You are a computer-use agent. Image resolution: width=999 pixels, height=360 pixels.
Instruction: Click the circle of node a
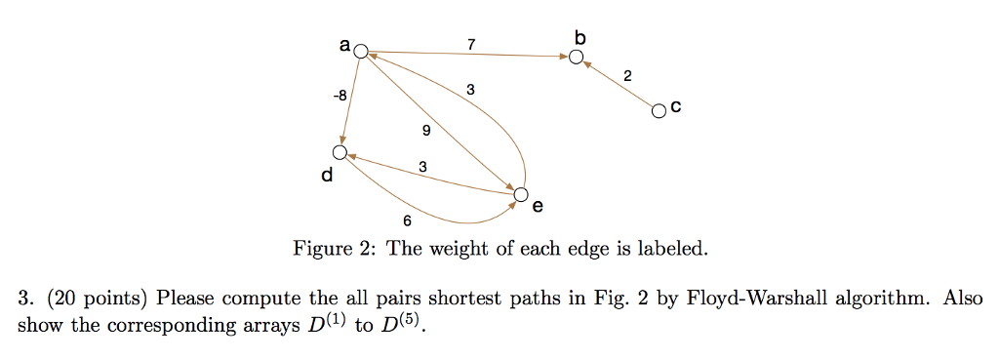pyautogui.click(x=361, y=52)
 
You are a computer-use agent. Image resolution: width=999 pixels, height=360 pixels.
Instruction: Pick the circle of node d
pyautogui.click(x=340, y=152)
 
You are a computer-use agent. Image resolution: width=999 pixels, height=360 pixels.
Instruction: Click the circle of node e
pyautogui.click(x=521, y=195)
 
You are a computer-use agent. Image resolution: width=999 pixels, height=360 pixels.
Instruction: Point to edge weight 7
pyautogui.click(x=471, y=44)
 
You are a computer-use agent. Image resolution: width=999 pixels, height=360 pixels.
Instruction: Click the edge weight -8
pyautogui.click(x=339, y=96)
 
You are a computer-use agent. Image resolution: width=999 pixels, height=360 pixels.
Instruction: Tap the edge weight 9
pyautogui.click(x=426, y=130)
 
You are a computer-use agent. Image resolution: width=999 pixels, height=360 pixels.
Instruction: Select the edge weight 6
pyautogui.click(x=406, y=220)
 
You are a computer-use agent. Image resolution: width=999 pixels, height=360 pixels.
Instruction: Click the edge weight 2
pyautogui.click(x=627, y=76)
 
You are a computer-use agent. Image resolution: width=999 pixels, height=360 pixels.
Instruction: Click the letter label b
pyautogui.click(x=580, y=37)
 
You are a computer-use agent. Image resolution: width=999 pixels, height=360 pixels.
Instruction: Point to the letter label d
pyautogui.click(x=326, y=177)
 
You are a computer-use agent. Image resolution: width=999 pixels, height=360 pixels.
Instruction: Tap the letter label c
pyautogui.click(x=676, y=111)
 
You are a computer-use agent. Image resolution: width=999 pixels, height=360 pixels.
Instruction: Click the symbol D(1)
pyautogui.click(x=323, y=323)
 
